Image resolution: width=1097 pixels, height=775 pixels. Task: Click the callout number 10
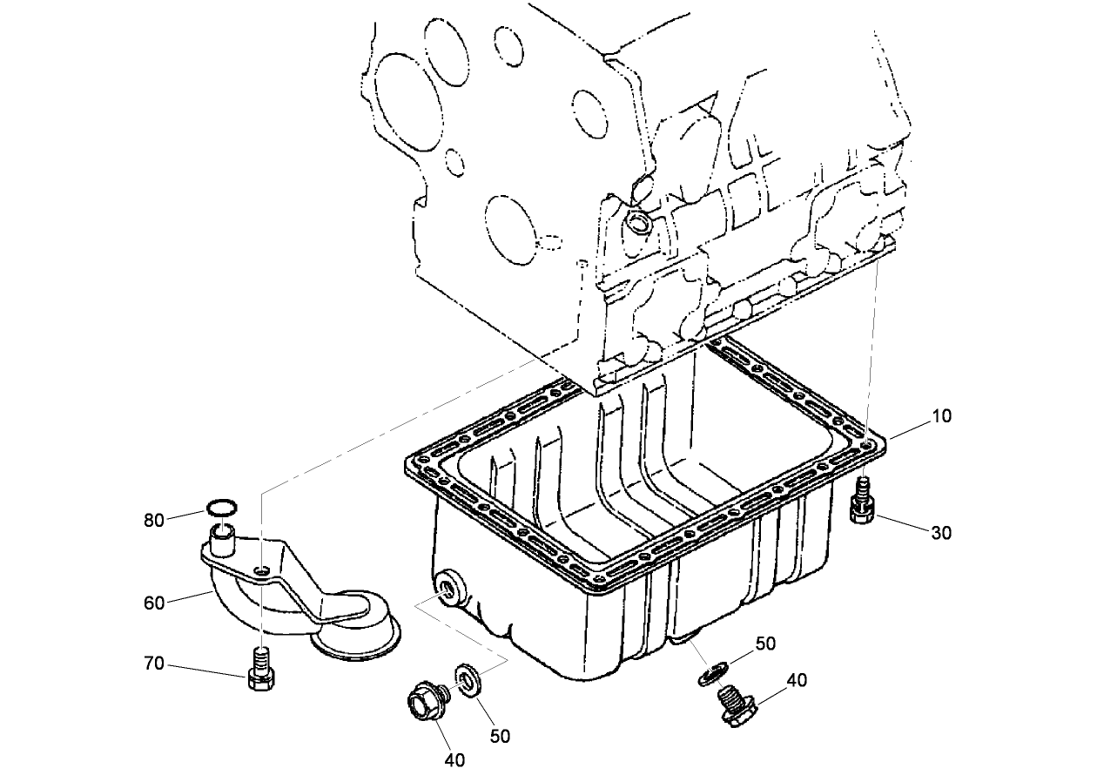pyautogui.click(x=941, y=416)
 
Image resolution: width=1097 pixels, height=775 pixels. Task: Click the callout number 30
pyautogui.click(x=941, y=532)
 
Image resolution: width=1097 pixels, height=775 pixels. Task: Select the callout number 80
pyautogui.click(x=154, y=521)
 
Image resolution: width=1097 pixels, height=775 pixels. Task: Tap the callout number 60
pyautogui.click(x=154, y=603)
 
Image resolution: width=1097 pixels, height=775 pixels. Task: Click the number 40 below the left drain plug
pyautogui.click(x=454, y=759)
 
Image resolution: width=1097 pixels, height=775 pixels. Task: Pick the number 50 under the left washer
pyautogui.click(x=500, y=736)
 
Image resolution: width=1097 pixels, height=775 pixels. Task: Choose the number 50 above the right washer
pyautogui.click(x=764, y=644)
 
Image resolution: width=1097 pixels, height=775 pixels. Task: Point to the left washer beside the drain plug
pyautogui.click(x=468, y=680)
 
